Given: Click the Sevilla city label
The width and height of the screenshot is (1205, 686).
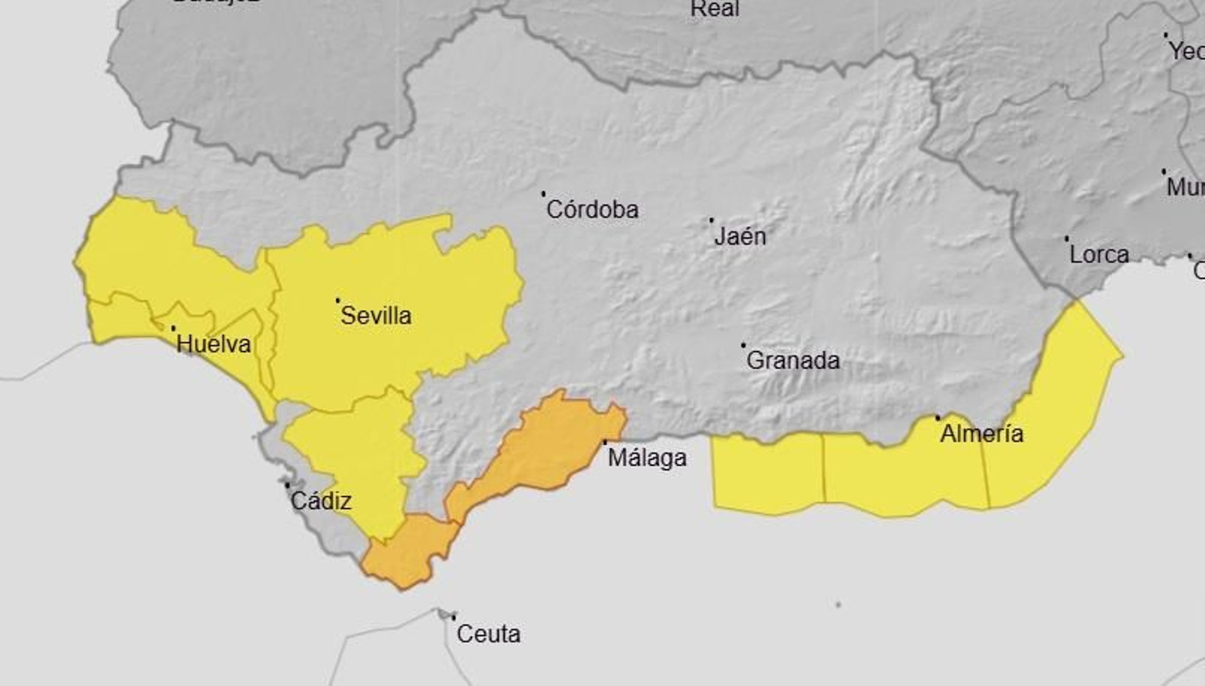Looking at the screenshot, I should pyautogui.click(x=376, y=315).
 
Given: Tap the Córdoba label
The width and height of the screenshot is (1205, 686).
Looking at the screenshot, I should pyautogui.click(x=592, y=209).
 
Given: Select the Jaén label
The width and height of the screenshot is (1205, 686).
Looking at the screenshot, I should pyautogui.click(x=740, y=236).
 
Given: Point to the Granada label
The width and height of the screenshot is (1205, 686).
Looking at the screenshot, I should pyautogui.click(x=792, y=360).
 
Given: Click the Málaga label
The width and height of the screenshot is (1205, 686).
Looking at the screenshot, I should pyautogui.click(x=647, y=457).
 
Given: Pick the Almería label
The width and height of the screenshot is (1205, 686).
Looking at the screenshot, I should pyautogui.click(x=981, y=433).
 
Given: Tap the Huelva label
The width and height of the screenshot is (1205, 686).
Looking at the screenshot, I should pyautogui.click(x=213, y=344).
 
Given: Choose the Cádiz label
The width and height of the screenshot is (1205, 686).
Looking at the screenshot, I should pyautogui.click(x=321, y=501).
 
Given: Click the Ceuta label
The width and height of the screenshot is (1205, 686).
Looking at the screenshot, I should pyautogui.click(x=488, y=634).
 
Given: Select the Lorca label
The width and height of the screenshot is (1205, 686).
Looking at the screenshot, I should pyautogui.click(x=1099, y=255).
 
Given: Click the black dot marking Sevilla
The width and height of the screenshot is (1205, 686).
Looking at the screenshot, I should pyautogui.click(x=337, y=300).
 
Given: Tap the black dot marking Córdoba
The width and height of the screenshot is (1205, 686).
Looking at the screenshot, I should pyautogui.click(x=543, y=194).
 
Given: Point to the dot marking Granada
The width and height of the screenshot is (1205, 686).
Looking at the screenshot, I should pyautogui.click(x=743, y=345).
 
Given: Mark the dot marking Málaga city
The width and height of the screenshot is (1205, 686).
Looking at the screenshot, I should pyautogui.click(x=605, y=442).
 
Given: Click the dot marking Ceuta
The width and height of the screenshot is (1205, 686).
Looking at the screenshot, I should pyautogui.click(x=453, y=617).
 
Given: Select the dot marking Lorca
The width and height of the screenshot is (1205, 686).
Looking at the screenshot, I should pyautogui.click(x=1066, y=239).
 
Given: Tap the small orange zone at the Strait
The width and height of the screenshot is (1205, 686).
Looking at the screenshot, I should pyautogui.click(x=407, y=550).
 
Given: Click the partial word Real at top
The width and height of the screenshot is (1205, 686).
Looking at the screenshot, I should pyautogui.click(x=715, y=9).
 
